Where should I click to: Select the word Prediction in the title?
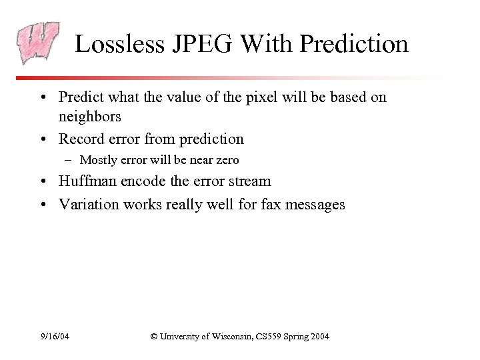tap(354, 45)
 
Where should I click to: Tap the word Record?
tap(81, 139)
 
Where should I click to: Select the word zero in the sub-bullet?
tap(227, 160)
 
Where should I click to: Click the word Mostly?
tap(97, 160)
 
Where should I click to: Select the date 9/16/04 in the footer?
tap(55, 336)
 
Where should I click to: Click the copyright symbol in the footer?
tap(155, 336)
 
